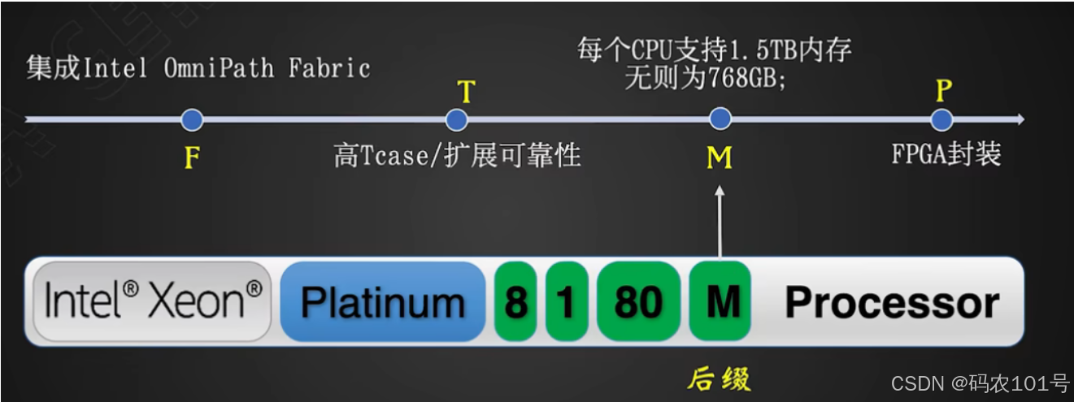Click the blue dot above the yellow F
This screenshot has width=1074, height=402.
[x=192, y=120]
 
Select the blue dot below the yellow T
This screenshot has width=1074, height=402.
[x=456, y=120]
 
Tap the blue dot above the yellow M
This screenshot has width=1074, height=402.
[x=720, y=119]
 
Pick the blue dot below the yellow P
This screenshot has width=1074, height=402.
[x=941, y=120]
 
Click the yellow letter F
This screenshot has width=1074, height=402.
[x=192, y=157]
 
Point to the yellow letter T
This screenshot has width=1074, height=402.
[x=466, y=92]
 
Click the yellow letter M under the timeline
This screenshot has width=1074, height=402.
[x=720, y=157]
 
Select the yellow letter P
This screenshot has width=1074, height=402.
[x=943, y=90]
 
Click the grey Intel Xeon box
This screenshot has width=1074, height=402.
[x=153, y=301]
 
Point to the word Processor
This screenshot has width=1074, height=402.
[x=892, y=303]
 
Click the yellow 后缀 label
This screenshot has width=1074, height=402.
[x=719, y=379]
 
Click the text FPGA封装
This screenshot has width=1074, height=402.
[x=946, y=154]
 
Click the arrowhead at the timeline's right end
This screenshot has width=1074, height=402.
[x=1019, y=120]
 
